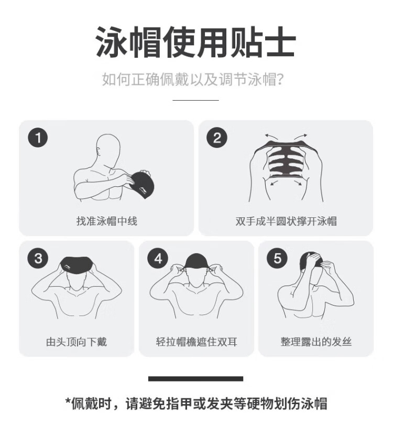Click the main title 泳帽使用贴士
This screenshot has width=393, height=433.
pos(195,42)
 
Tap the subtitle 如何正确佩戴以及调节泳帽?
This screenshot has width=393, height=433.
pos(193,79)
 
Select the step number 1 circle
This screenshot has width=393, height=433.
pos(38,138)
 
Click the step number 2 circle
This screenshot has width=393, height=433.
pos(217,138)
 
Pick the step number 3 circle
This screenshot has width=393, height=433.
pos(38,258)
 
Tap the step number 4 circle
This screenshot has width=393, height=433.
pos(158,258)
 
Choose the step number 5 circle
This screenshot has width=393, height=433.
pos(277,258)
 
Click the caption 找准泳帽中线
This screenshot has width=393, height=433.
pos(107,221)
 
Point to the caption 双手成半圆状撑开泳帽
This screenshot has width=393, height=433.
pos(286,221)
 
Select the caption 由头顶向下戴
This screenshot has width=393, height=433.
pos(77,342)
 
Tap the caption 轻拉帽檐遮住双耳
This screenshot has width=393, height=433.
pos(196,342)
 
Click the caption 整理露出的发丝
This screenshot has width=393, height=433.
pos(316,342)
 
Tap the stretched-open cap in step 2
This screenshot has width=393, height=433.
pos(286,160)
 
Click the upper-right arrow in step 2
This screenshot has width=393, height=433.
pos(301,136)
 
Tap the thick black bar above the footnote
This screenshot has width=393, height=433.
pos(195,378)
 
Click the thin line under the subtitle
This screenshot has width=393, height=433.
pos(195,100)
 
